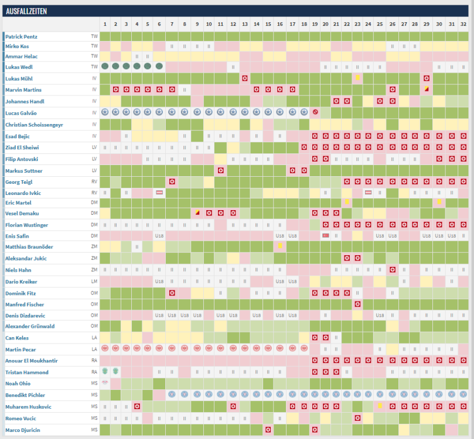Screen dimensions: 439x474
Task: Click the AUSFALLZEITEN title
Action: coord(26,11)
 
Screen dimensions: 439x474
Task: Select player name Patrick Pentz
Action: coord(30,36)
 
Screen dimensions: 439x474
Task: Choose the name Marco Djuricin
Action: coord(27,430)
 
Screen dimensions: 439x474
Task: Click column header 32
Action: coord(463,24)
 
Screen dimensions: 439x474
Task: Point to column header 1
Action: coord(105,24)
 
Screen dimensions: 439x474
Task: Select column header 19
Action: coord(315,24)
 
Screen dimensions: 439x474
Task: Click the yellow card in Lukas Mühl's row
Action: coord(357,78)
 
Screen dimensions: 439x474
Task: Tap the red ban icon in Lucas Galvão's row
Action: coord(315,112)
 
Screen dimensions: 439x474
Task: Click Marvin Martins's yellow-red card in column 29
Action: coord(427,90)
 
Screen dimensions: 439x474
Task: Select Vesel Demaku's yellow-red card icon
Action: coord(197,213)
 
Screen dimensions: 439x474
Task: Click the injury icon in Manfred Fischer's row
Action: coord(357,304)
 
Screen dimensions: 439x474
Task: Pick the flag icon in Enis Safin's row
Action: coord(325,235)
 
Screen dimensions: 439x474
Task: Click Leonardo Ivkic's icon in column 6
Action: coord(159,193)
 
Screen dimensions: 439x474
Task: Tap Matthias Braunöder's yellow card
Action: coord(281,246)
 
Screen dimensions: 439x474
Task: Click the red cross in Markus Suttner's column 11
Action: coord(220,170)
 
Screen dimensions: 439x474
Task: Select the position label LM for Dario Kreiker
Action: coord(94,282)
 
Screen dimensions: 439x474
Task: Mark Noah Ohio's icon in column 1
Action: coord(105,383)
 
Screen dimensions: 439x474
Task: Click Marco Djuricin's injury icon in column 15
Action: coord(268,430)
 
